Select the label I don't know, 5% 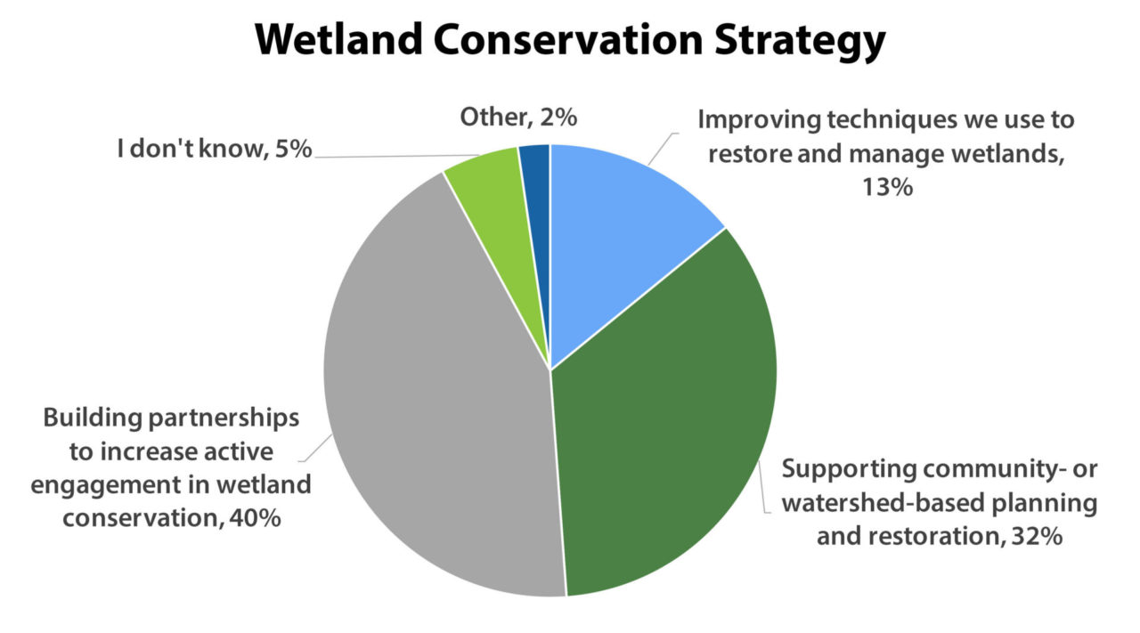point(215,149)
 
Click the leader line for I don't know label point(383,157)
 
